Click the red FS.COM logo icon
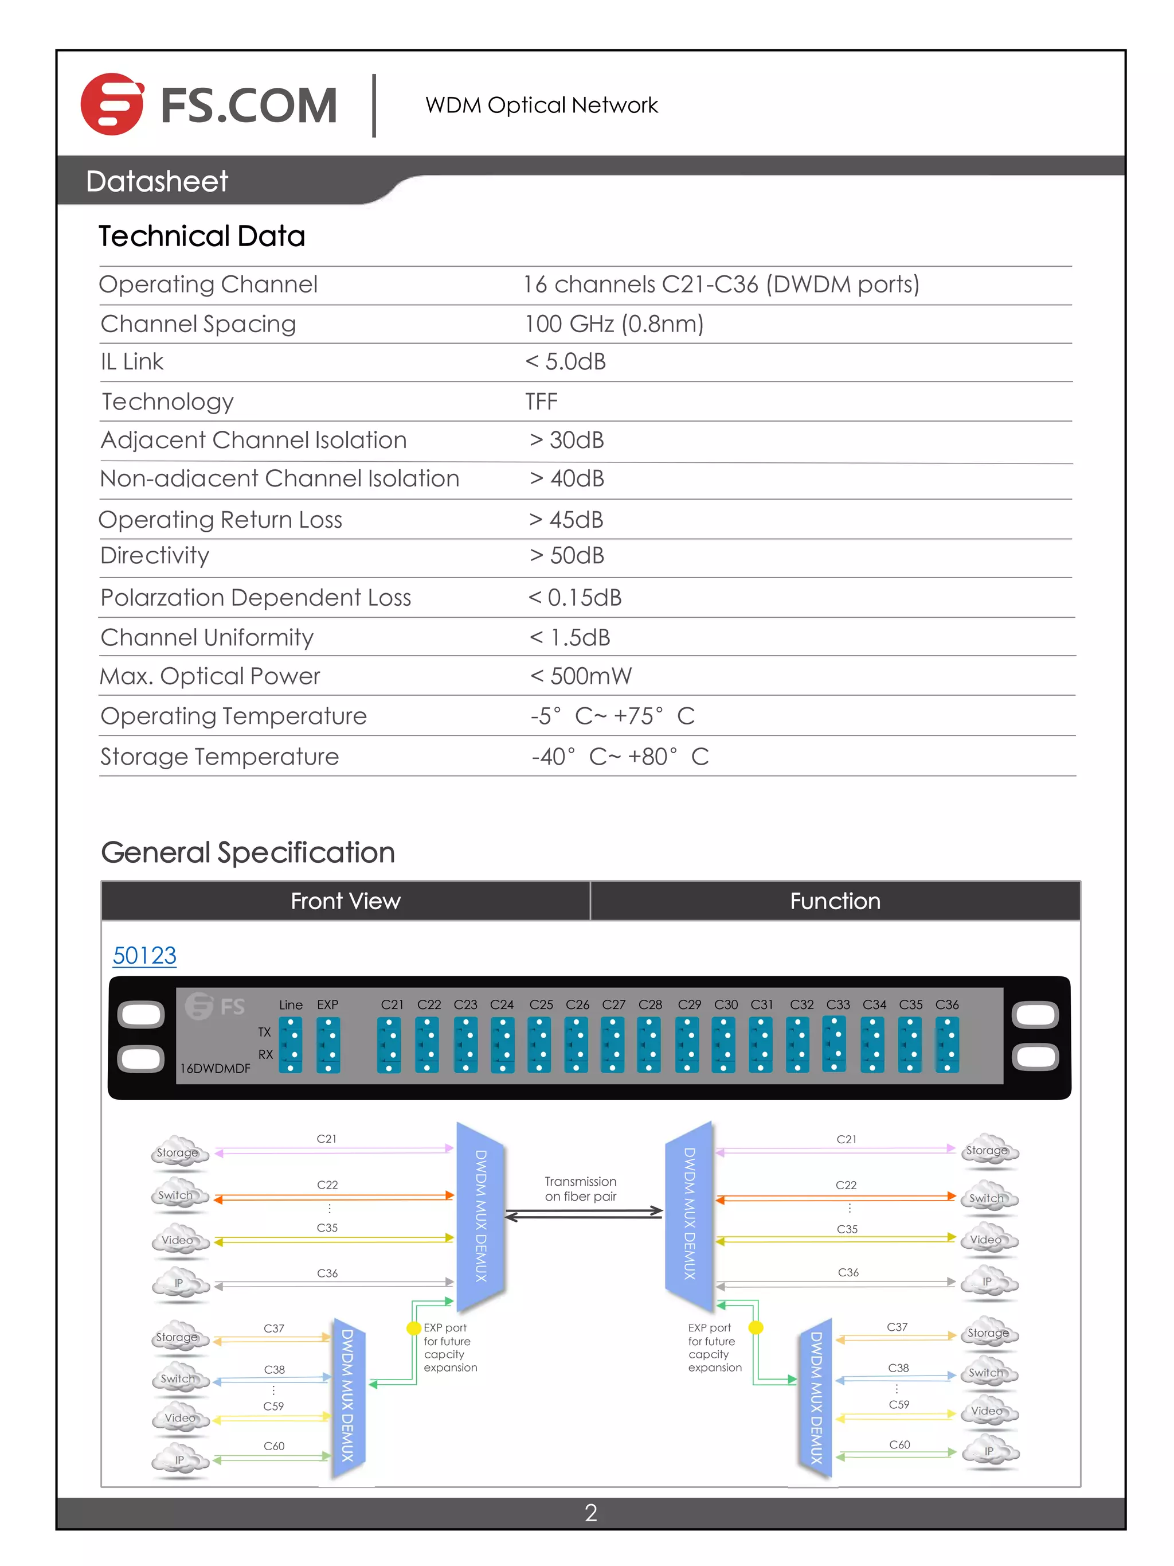(112, 104)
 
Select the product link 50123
(144, 955)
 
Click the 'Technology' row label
(168, 402)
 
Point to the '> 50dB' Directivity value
(567, 556)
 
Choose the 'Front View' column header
(345, 901)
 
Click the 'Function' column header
(835, 901)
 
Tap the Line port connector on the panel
(290, 1045)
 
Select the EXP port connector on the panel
(328, 1045)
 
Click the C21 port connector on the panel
(389, 1045)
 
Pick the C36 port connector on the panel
(947, 1045)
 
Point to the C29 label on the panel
(689, 1004)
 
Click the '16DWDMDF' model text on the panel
(215, 1068)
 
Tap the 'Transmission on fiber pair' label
(580, 1189)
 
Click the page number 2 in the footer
(591, 1512)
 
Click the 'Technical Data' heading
(202, 236)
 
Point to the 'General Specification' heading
(248, 852)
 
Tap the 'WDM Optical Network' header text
(541, 106)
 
